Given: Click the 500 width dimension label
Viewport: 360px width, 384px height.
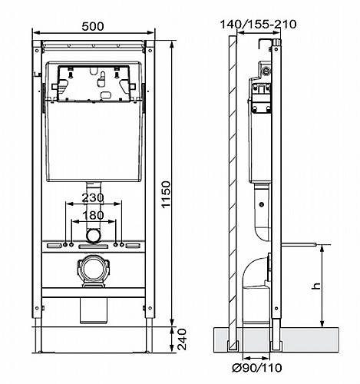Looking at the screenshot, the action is coord(93,26).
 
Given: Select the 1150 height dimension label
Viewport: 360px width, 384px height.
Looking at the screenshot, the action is coord(166,194).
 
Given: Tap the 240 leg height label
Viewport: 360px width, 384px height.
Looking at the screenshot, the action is coord(182,339).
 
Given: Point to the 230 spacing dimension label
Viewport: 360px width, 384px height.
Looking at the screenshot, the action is coord(93,198).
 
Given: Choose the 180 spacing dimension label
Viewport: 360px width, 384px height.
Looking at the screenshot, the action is coord(93,215).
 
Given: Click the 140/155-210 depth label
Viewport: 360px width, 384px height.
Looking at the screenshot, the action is coord(258,25).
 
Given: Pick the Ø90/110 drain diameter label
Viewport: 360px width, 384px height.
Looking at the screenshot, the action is coord(256,368).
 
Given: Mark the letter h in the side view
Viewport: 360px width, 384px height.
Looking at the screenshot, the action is coord(317,286).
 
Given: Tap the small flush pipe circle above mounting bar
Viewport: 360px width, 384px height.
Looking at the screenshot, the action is coord(93,236).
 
